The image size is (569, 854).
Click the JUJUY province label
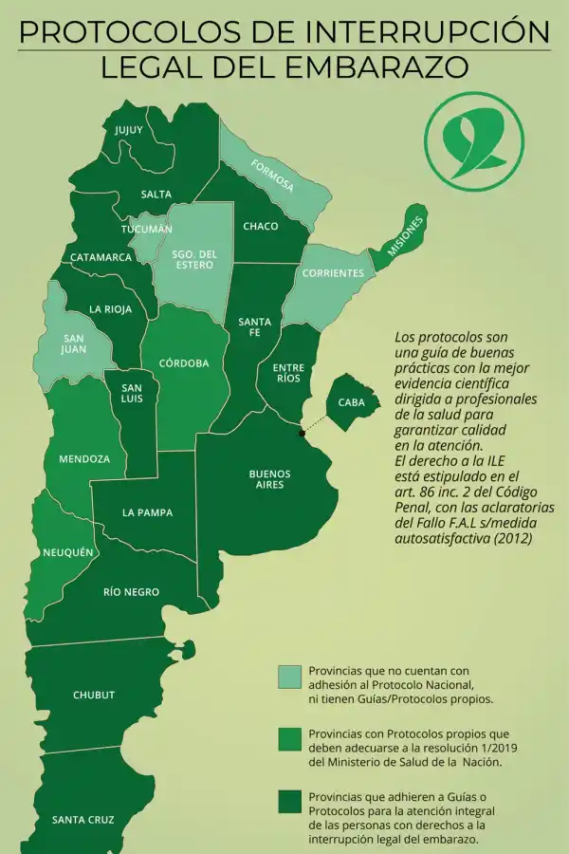point(129,130)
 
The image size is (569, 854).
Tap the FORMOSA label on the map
point(272,176)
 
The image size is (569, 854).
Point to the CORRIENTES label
point(332,273)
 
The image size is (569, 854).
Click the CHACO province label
point(261,227)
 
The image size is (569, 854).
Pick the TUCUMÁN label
point(147,230)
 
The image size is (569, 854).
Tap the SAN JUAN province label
point(74,343)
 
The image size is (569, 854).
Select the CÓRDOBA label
point(184,362)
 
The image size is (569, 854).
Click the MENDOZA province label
point(84,459)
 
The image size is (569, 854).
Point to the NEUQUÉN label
point(68,552)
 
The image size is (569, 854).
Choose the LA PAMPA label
point(147,513)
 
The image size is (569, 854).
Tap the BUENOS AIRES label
point(270,479)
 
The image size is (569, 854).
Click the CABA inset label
point(352,403)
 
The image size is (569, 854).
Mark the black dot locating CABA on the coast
point(302,434)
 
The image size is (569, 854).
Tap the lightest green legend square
point(289,678)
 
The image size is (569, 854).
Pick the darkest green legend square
point(289,802)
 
